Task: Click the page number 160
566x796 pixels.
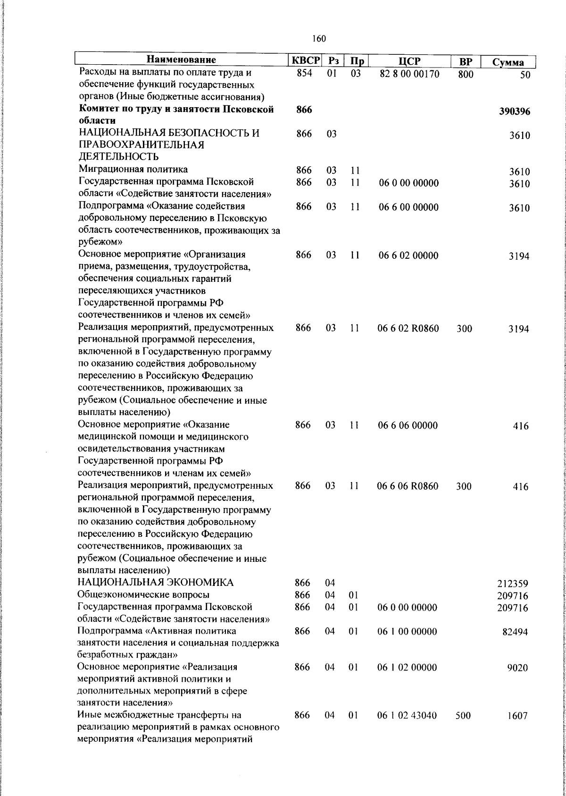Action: pyautogui.click(x=319, y=39)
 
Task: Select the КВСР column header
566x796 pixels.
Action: pyautogui.click(x=305, y=61)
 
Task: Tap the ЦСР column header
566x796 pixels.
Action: pyautogui.click(x=409, y=61)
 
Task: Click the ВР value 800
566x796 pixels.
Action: pyautogui.click(x=465, y=74)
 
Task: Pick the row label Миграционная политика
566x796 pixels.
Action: pyautogui.click(x=133, y=169)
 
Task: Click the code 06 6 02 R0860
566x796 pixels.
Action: pyautogui.click(x=408, y=328)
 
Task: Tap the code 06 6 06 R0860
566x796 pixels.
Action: pyautogui.click(x=408, y=486)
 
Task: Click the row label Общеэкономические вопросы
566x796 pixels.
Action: pyautogui.click(x=143, y=594)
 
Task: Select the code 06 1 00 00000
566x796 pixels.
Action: pyautogui.click(x=407, y=631)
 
